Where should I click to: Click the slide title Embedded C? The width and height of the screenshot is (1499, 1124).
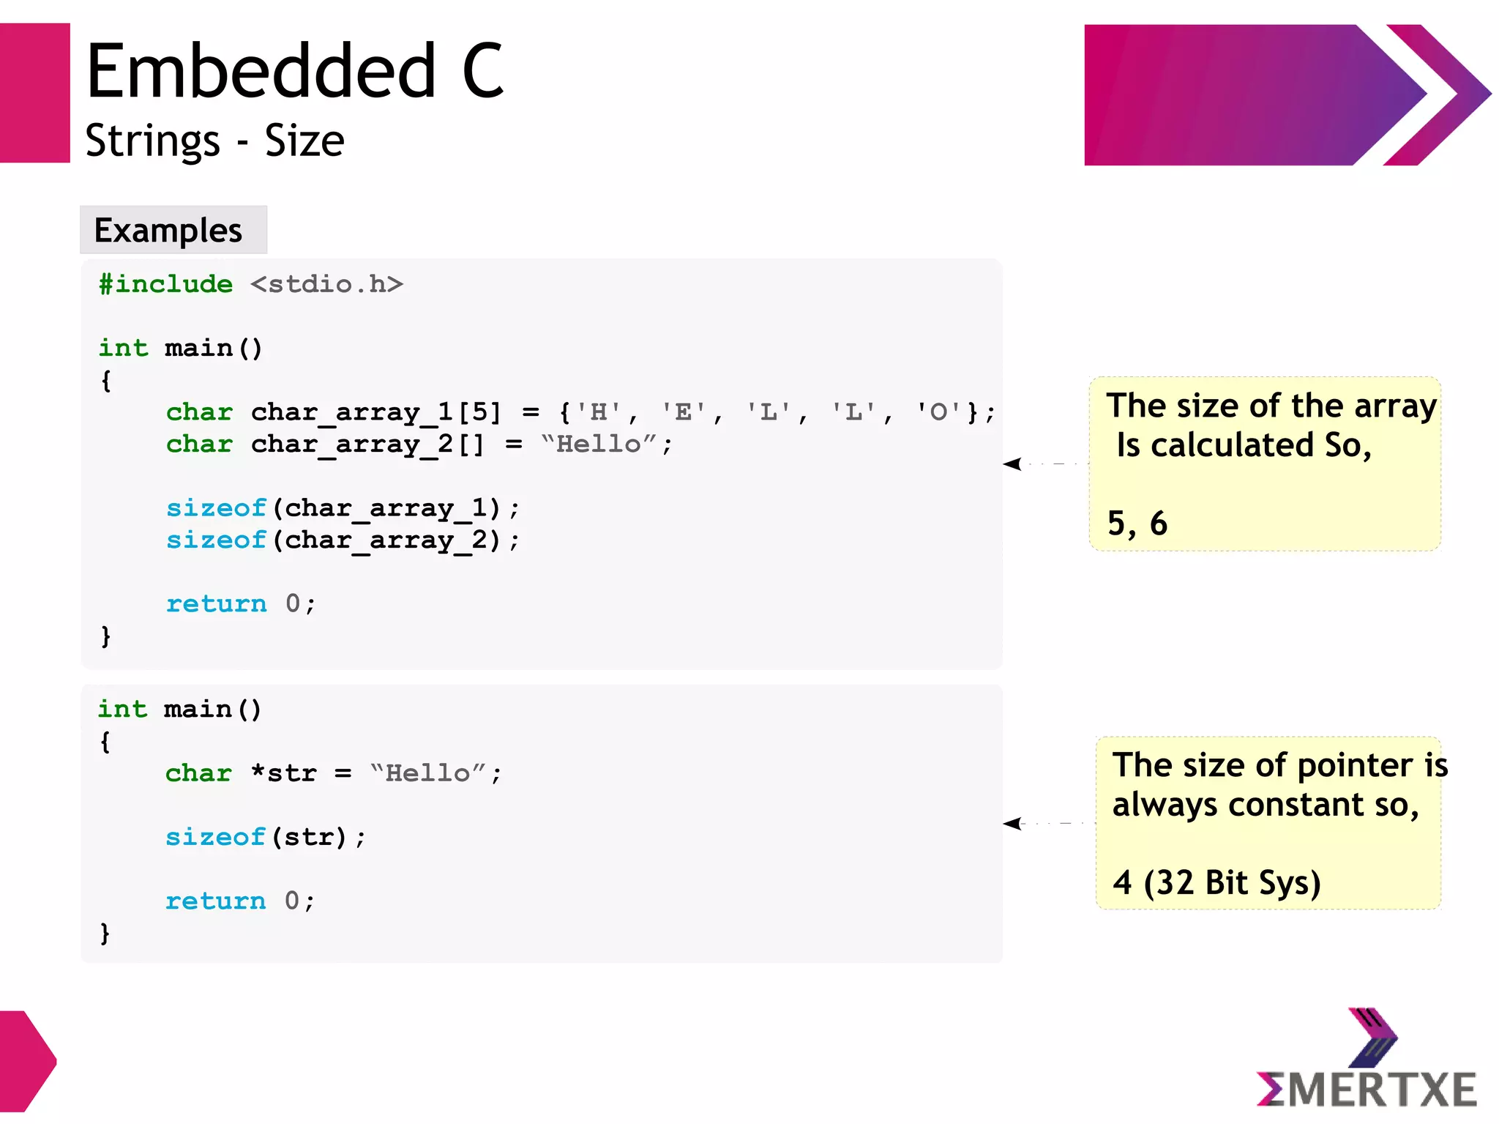click(x=295, y=71)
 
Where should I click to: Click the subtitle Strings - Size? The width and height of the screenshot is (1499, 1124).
click(x=214, y=141)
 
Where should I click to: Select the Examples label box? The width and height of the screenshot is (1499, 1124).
click(x=173, y=230)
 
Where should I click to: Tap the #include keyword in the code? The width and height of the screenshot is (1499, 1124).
click(x=166, y=284)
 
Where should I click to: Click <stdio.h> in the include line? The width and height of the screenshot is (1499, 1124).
click(x=326, y=284)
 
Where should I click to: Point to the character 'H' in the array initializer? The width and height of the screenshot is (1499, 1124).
click(x=599, y=412)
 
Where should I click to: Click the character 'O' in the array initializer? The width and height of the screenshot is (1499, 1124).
click(x=938, y=412)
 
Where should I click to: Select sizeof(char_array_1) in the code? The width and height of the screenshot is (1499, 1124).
click(x=342, y=508)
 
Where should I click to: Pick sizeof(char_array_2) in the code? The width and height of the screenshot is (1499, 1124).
click(x=342, y=540)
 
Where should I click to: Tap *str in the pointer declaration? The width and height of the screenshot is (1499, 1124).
click(x=283, y=773)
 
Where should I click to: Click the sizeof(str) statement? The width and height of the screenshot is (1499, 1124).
click(x=264, y=837)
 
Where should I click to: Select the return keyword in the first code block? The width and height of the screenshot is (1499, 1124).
click(x=216, y=604)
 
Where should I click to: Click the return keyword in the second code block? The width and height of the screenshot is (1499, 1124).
click(x=215, y=901)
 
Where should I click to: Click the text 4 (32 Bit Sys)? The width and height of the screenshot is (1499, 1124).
click(x=1216, y=882)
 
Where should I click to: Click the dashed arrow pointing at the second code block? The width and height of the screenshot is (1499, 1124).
click(x=1047, y=824)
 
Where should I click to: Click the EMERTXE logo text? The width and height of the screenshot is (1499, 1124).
click(x=1367, y=1090)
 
